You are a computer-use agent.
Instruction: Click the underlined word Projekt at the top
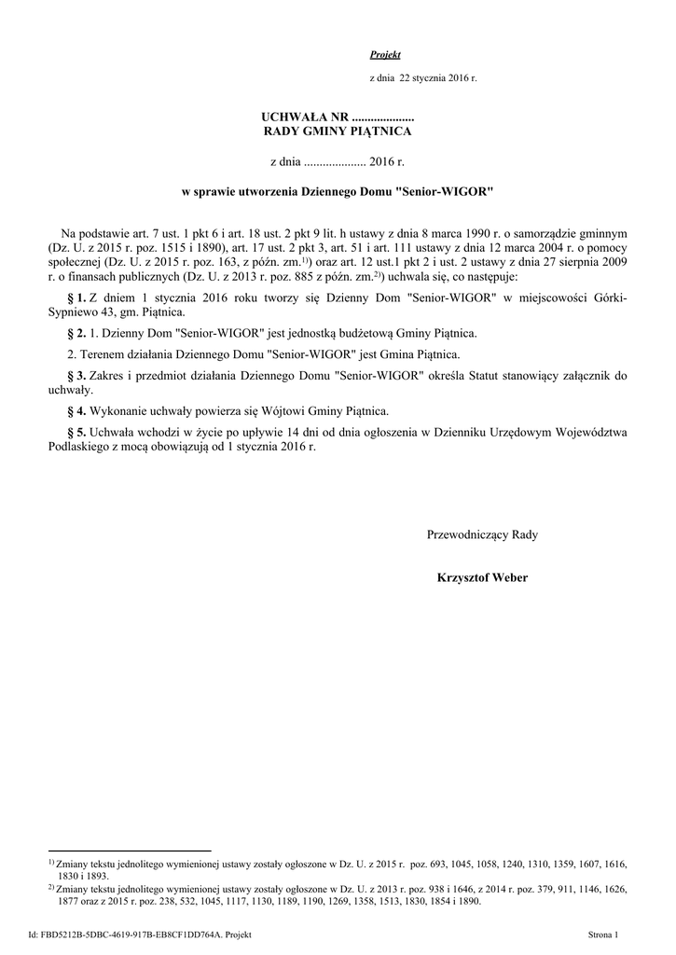click(x=385, y=55)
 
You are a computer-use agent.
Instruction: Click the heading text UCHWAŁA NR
click(x=303, y=117)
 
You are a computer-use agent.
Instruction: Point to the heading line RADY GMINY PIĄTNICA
click(x=338, y=131)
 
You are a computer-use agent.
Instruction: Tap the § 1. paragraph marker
click(x=77, y=297)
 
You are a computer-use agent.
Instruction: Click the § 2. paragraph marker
click(x=77, y=333)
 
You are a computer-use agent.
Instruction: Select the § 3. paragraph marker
click(x=77, y=375)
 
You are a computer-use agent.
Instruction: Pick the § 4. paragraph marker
click(x=77, y=410)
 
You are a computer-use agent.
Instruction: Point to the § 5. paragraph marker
click(x=77, y=432)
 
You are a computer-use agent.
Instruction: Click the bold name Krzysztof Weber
click(x=482, y=577)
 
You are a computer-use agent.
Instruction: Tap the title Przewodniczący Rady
click(x=482, y=534)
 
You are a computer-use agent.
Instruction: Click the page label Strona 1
click(x=610, y=934)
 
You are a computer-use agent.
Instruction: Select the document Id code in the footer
click(x=140, y=934)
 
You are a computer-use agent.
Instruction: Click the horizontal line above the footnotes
click(x=130, y=851)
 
